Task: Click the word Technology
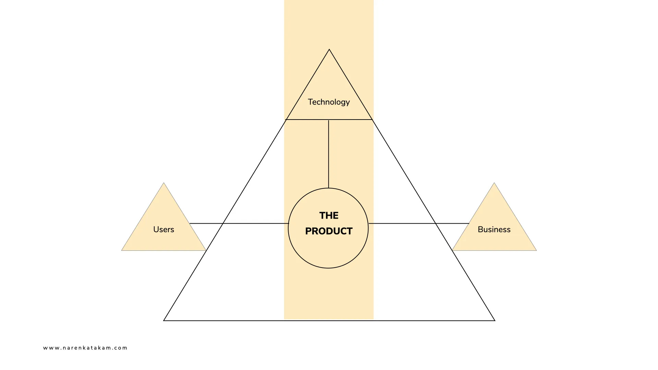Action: (x=329, y=102)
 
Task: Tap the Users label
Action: (x=163, y=230)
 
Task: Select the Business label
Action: (x=494, y=230)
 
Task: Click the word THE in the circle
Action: (x=329, y=215)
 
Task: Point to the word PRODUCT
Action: (x=329, y=231)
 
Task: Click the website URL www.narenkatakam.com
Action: (x=85, y=348)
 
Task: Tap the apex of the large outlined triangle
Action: (x=329, y=50)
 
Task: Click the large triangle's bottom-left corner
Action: (x=164, y=320)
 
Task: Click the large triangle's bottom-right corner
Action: (x=495, y=320)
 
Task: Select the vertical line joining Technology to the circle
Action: (x=328, y=154)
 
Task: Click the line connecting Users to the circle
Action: (x=240, y=223)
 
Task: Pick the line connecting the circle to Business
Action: (x=418, y=223)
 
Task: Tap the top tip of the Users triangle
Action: (x=163, y=183)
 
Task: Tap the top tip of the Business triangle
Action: (x=494, y=183)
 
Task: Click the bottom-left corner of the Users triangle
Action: (x=122, y=250)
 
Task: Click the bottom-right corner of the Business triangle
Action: (x=536, y=250)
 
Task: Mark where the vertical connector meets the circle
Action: (x=328, y=188)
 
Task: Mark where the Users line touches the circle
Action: (x=289, y=223)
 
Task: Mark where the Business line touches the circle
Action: (x=368, y=223)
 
